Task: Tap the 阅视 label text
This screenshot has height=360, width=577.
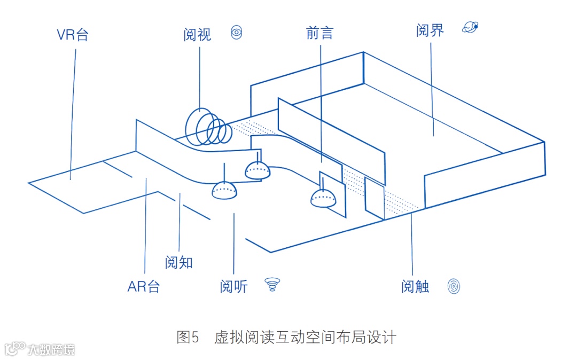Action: coord(197,35)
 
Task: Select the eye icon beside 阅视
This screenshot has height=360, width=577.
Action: coord(236,33)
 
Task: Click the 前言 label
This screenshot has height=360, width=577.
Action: coord(319,33)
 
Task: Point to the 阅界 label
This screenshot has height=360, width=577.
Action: coord(430,30)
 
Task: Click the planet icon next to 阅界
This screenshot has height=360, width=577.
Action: coord(470,27)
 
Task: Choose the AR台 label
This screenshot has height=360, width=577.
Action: coord(143,287)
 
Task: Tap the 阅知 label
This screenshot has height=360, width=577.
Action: coord(178,263)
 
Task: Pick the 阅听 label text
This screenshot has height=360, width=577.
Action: coord(233,287)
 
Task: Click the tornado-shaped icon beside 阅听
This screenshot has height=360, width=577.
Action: coord(272,285)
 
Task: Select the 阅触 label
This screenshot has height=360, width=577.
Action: coord(415,287)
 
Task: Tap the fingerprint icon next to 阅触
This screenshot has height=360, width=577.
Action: coord(454,286)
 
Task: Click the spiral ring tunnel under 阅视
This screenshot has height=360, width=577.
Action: coord(208,128)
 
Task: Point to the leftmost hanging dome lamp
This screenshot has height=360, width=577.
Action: coord(224,191)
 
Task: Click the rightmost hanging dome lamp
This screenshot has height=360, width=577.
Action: coord(323,199)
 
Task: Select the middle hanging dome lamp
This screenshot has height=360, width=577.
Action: coord(258,170)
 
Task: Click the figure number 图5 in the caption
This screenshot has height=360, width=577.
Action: coord(188,338)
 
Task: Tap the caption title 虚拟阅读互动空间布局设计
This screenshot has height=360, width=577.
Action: coord(305,338)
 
